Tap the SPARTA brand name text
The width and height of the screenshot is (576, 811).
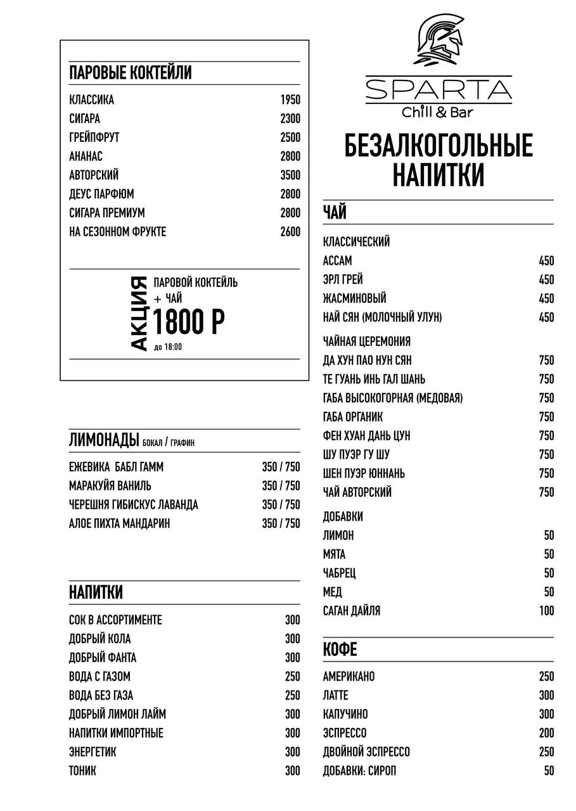(438, 91)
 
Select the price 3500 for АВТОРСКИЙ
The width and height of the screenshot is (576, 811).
(290, 176)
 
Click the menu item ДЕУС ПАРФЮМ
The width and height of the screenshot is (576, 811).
(101, 195)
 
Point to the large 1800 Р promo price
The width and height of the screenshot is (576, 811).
(189, 322)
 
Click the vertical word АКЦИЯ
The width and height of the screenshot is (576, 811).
(139, 314)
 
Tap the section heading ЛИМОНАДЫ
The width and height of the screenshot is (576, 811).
(104, 440)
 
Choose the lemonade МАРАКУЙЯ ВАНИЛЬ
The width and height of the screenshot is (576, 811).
(110, 486)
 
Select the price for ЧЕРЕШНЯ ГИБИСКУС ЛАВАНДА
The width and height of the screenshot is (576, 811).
(281, 505)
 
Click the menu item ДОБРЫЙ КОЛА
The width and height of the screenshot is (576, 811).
(100, 639)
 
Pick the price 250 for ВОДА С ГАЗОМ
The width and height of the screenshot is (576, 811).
(292, 677)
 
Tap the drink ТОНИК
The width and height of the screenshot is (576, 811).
(83, 771)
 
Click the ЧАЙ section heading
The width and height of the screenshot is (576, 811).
(335, 212)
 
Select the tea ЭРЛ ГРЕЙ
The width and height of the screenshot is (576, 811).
(343, 279)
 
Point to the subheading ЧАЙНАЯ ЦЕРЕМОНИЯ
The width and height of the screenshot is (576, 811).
(367, 342)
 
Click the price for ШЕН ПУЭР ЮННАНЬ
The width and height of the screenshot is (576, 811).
(546, 473)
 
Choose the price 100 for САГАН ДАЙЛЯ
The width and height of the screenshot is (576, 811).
(546, 611)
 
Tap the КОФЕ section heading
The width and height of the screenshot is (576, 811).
(340, 649)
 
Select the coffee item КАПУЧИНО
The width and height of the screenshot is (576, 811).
(345, 714)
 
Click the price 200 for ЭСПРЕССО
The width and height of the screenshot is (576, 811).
(546, 733)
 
